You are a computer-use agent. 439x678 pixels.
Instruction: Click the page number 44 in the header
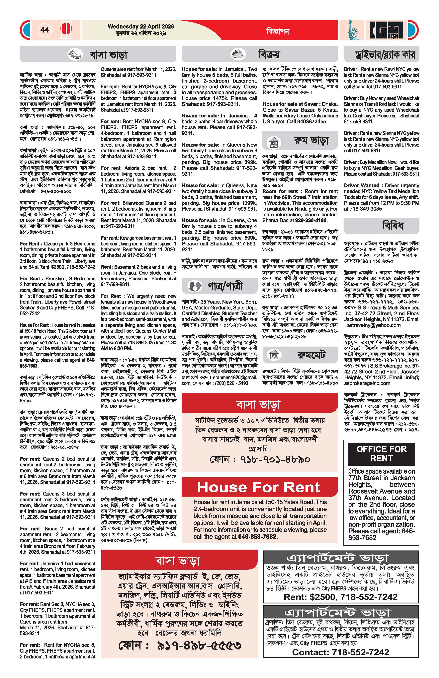pyautogui.click(x=45, y=30)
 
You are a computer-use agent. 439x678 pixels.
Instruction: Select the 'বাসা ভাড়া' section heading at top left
pyautogui.click(x=108, y=54)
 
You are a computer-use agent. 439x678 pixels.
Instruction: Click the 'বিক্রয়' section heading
pyautogui.click(x=269, y=54)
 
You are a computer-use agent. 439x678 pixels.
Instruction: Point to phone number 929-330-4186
pyautogui.click(x=311, y=221)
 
